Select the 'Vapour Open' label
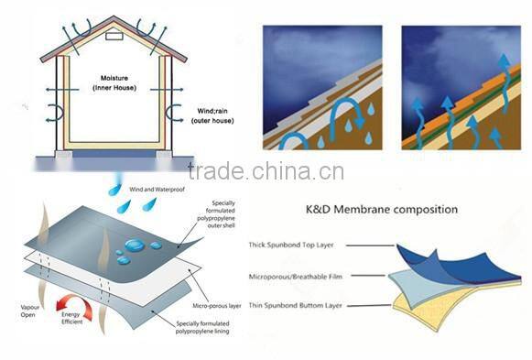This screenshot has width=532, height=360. (26, 311)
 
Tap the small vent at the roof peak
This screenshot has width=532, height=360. (114, 38)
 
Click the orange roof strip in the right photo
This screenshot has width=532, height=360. (481, 87)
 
